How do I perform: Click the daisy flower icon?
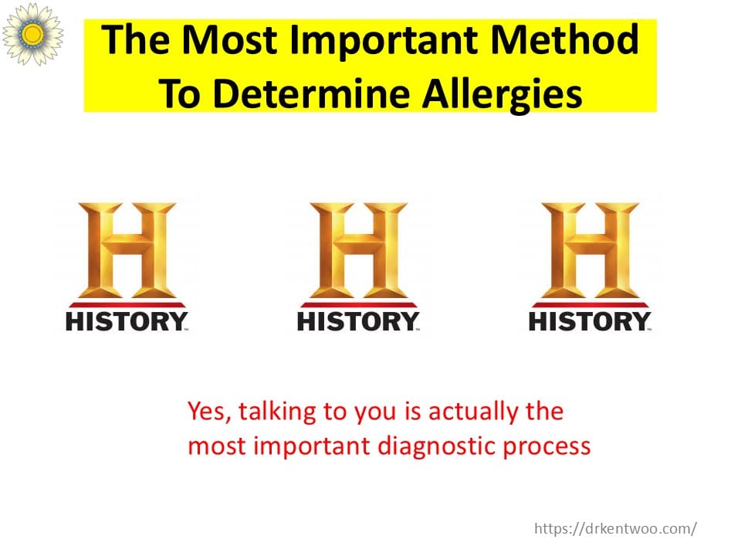[x=32, y=34]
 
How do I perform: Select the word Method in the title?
[x=565, y=39]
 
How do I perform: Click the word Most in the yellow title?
[x=230, y=39]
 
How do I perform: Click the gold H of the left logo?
[x=127, y=250]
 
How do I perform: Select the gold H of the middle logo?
[x=359, y=250]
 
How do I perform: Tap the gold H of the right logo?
[x=590, y=250]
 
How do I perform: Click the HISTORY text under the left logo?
[x=127, y=321]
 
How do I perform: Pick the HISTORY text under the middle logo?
[x=358, y=321]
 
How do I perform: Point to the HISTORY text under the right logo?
[x=590, y=321]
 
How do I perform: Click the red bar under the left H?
[x=127, y=304]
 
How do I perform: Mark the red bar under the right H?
[x=590, y=304]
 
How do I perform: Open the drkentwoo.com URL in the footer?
[x=615, y=528]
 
